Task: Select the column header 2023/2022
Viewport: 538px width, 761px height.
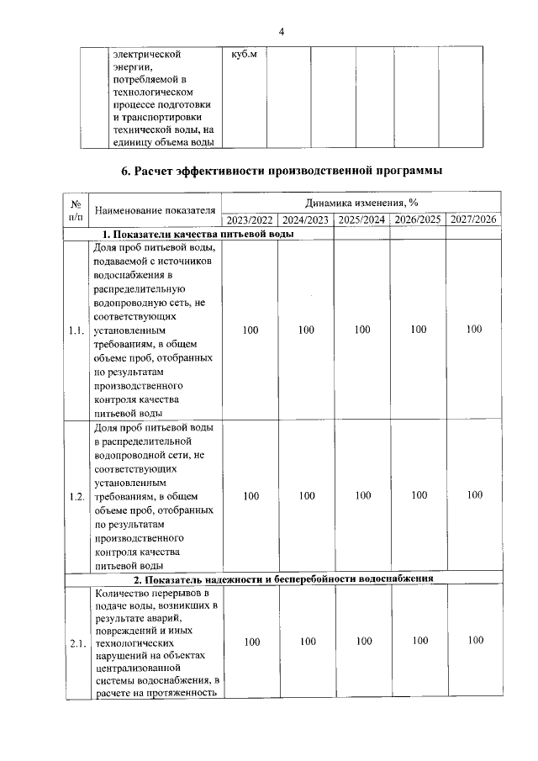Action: (x=250, y=220)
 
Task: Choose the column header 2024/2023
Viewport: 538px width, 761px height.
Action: (x=306, y=220)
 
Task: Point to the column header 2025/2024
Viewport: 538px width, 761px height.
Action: (x=362, y=220)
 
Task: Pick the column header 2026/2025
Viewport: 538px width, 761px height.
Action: (x=418, y=220)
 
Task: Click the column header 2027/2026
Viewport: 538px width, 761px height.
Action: (x=474, y=220)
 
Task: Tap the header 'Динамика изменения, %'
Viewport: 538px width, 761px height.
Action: (x=362, y=203)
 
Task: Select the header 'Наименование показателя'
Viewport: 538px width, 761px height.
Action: (x=156, y=210)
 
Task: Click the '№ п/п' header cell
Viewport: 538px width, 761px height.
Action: (x=76, y=210)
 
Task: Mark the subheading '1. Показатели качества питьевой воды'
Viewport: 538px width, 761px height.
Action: (x=198, y=234)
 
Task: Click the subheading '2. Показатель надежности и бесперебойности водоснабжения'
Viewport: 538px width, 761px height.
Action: (x=282, y=579)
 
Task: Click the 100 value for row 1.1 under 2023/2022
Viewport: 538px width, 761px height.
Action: (x=251, y=330)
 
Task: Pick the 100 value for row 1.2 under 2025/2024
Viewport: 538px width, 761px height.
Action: (x=362, y=496)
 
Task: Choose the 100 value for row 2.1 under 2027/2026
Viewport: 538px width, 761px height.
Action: (x=475, y=641)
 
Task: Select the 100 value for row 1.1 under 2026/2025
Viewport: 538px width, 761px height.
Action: (x=419, y=330)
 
